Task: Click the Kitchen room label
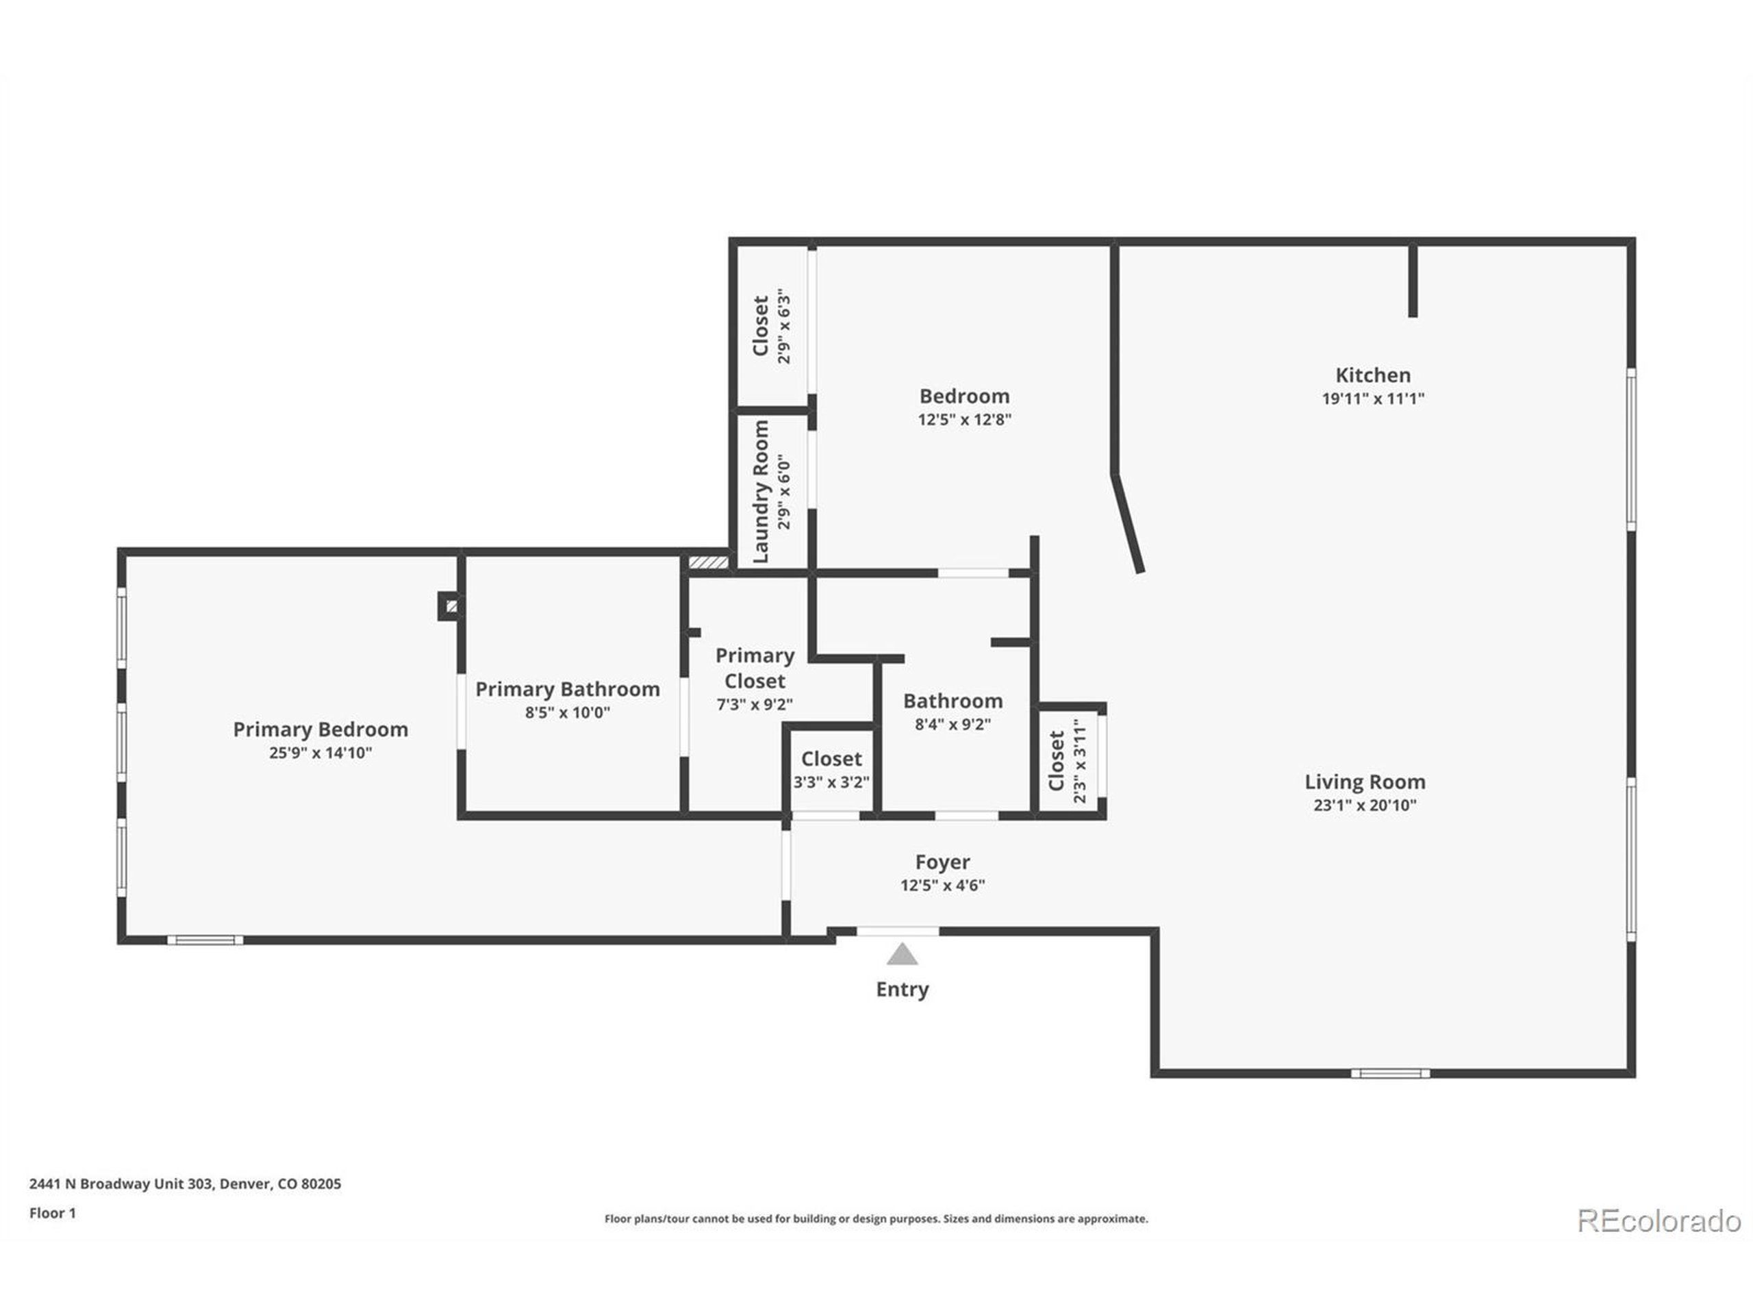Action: coord(1372,375)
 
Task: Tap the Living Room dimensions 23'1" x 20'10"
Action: coord(1365,805)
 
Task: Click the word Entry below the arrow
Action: coord(902,989)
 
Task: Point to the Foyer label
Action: coord(942,862)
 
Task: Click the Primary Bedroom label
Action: coord(320,729)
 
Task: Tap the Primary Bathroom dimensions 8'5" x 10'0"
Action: coord(568,712)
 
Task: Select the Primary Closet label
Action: coord(755,668)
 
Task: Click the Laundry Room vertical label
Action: coord(761,492)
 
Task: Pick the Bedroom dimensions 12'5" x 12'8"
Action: coord(964,419)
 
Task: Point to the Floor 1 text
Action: coord(52,1213)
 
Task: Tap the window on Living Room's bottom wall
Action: coord(1390,1074)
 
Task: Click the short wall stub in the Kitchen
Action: coord(1412,281)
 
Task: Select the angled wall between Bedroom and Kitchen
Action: coord(1127,523)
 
